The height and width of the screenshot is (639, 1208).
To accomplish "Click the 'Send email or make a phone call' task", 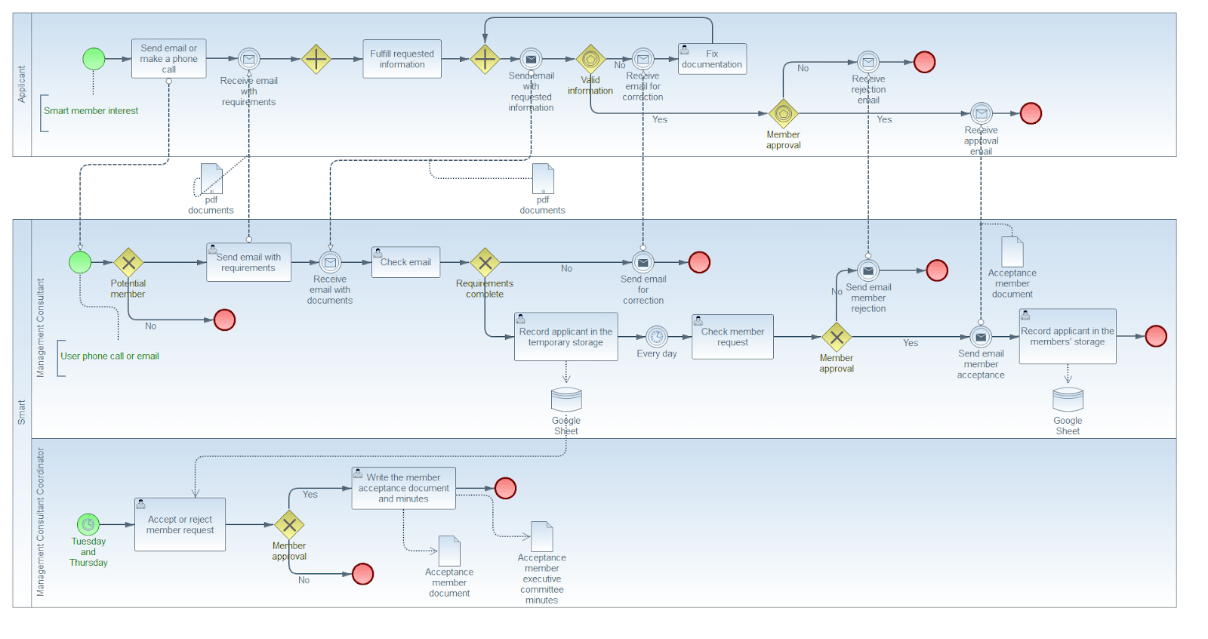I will click(x=168, y=59).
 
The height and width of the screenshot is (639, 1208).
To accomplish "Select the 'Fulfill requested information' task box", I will click(x=402, y=59).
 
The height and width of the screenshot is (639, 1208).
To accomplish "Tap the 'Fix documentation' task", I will click(x=712, y=59).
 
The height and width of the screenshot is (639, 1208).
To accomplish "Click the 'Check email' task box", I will click(x=405, y=262).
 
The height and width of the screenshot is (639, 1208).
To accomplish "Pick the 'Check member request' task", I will click(x=732, y=337).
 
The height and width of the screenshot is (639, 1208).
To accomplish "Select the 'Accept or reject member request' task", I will click(x=180, y=524).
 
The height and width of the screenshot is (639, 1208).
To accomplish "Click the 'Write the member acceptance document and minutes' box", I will click(x=403, y=488).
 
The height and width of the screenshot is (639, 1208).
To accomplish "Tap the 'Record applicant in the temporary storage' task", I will click(x=565, y=337).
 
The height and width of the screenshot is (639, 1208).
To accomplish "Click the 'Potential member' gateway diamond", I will click(x=128, y=263).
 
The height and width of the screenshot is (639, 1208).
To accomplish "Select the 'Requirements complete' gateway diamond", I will click(x=485, y=263).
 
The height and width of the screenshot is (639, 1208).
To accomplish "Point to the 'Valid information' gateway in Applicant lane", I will click(x=590, y=59).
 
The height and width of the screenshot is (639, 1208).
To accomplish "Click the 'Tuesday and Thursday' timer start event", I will click(x=88, y=524).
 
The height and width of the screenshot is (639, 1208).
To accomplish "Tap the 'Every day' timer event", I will click(x=657, y=337).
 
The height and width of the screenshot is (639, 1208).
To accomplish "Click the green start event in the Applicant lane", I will click(x=94, y=59).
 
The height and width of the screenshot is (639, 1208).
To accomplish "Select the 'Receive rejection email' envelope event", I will click(x=868, y=62).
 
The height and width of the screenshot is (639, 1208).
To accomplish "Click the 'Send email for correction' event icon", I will click(x=643, y=262).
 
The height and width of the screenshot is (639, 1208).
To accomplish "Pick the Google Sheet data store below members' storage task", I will click(x=1068, y=400).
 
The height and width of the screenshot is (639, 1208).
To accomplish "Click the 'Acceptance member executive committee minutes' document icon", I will click(x=541, y=536).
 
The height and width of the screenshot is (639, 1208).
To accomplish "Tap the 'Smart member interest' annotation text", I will click(x=91, y=111).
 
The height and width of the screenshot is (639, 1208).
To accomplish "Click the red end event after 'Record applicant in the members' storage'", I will click(x=1155, y=336).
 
